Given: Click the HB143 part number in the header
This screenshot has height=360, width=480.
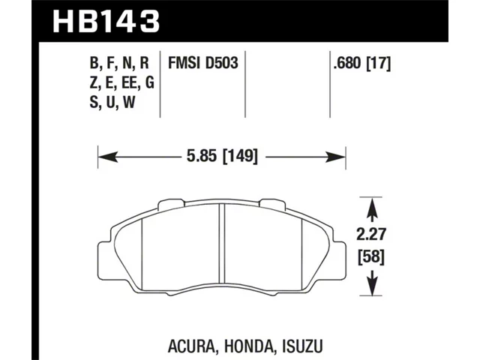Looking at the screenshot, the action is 106,21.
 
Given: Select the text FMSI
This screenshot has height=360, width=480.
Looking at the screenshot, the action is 183,63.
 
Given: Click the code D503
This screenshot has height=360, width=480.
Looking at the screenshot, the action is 220,63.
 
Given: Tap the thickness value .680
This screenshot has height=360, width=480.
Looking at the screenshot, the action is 348,63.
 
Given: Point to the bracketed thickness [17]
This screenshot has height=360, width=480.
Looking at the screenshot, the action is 379,64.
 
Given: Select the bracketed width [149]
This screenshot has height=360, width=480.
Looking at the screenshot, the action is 240,156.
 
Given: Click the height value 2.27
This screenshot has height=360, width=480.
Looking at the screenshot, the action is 371,235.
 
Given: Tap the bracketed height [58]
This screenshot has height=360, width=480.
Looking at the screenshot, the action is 371,257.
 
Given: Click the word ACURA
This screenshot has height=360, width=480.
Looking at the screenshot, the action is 192,346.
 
